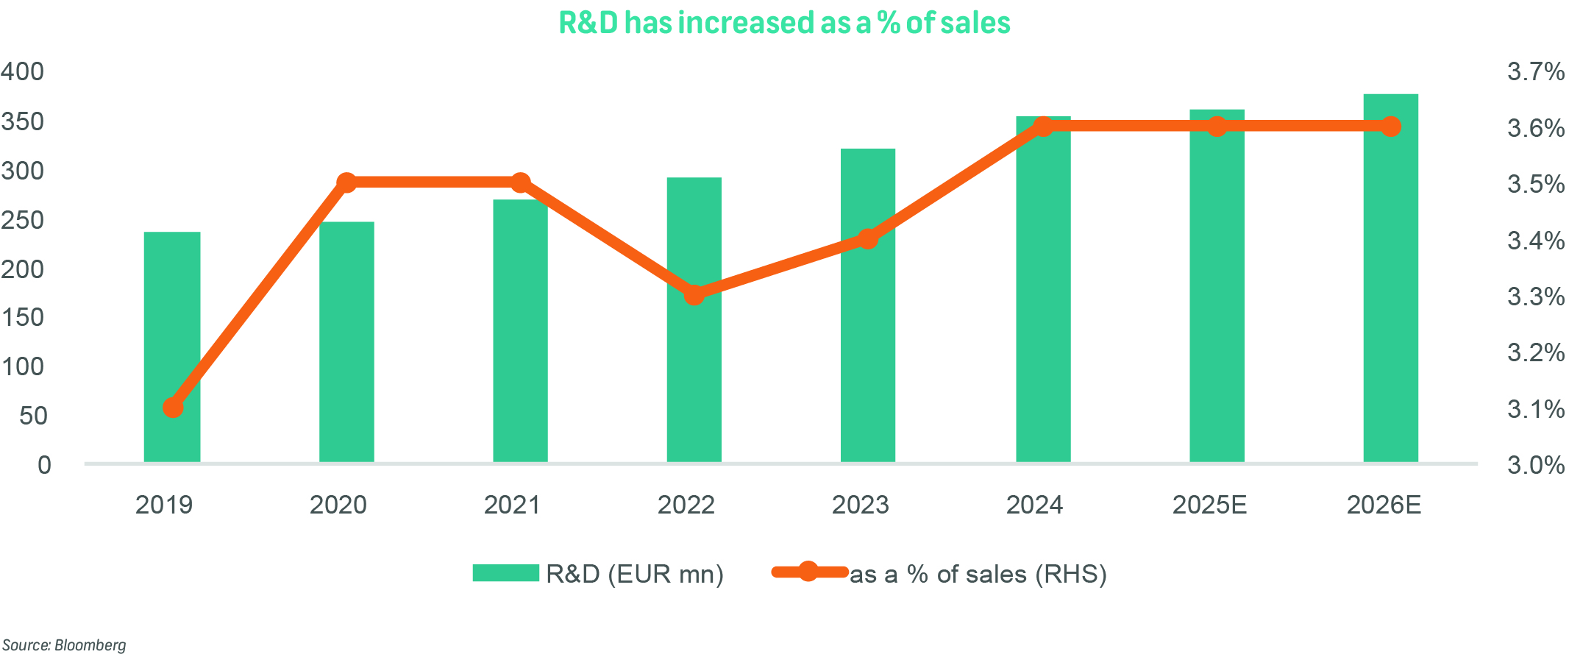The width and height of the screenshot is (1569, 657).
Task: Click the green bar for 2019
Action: tap(172, 347)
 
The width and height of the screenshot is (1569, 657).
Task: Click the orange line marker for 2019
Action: tap(173, 407)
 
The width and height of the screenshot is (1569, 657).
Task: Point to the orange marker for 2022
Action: tap(694, 295)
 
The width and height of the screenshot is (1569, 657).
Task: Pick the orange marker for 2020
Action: tap(346, 182)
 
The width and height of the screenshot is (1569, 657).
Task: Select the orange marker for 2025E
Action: tap(1217, 127)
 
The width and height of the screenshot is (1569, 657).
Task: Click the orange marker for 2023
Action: tap(868, 239)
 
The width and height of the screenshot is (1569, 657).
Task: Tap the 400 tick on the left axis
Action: tap(23, 71)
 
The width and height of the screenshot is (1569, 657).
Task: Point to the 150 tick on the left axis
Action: tap(23, 317)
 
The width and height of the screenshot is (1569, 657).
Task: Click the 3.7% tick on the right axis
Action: tap(1536, 71)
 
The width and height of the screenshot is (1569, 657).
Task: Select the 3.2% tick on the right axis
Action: tap(1536, 352)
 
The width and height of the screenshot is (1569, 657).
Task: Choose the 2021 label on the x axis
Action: tap(512, 505)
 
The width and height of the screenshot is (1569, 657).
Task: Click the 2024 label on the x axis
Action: tap(1034, 505)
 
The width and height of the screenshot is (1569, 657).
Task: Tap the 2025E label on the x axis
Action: tap(1209, 505)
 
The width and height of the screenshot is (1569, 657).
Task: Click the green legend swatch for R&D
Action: tap(506, 573)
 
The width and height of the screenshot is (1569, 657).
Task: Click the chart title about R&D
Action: tap(784, 23)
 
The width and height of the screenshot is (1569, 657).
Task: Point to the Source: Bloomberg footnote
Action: tap(64, 645)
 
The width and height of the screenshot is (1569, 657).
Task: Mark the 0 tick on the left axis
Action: tap(44, 465)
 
